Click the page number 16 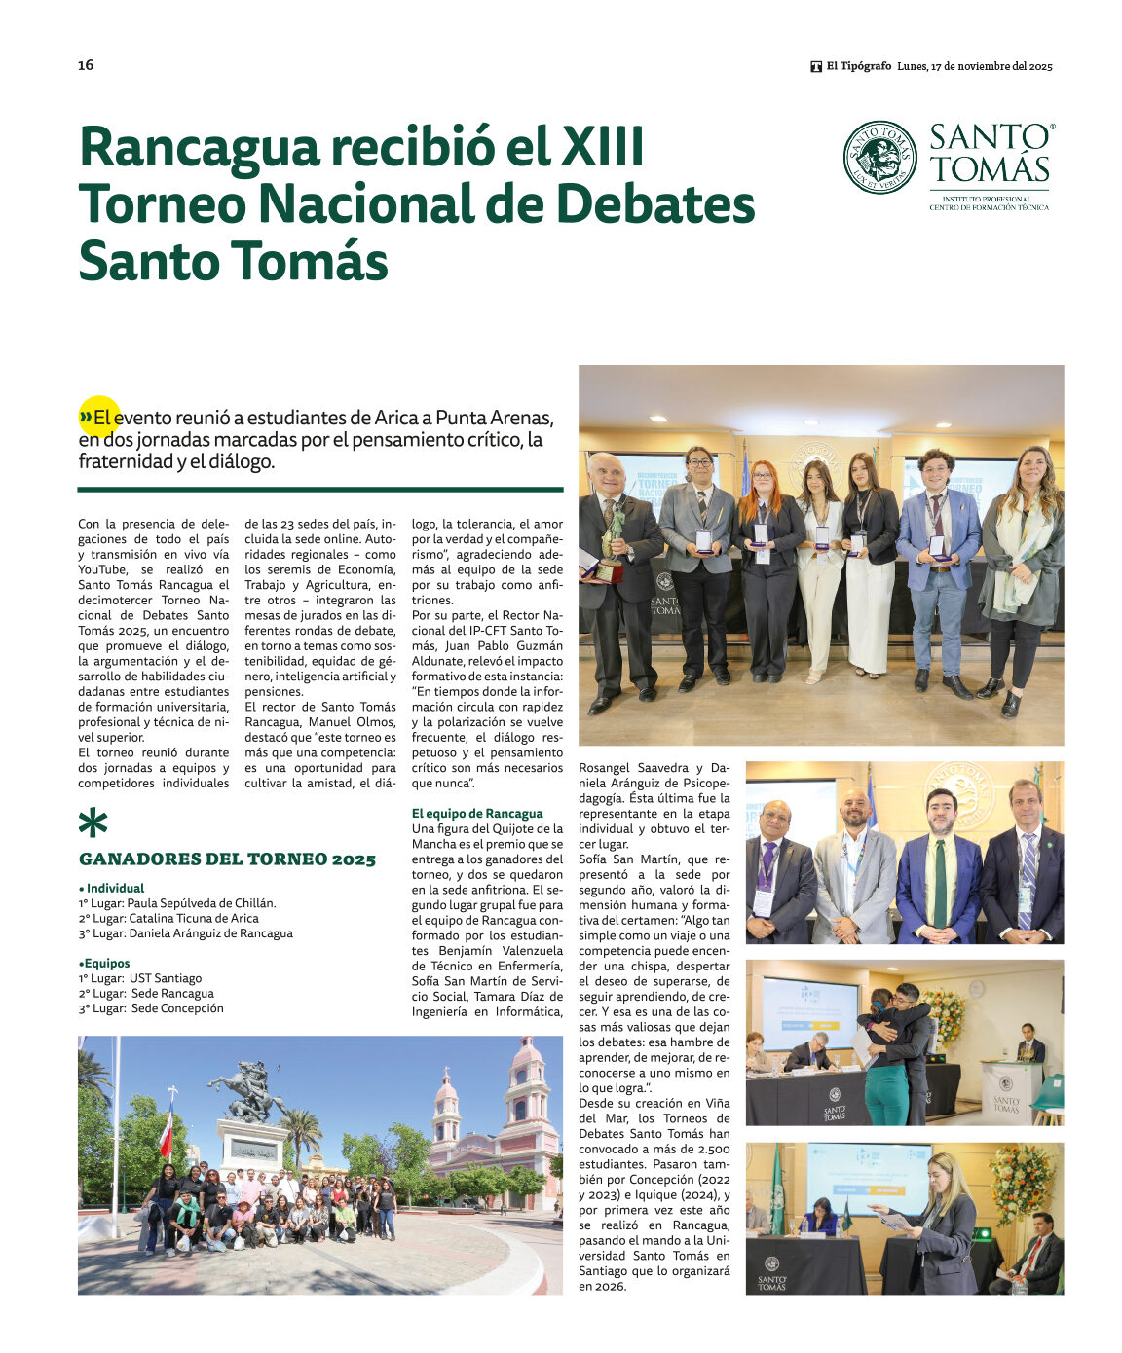[86, 65]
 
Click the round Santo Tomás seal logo [879, 157]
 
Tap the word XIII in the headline [603, 147]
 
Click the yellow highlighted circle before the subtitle [98, 417]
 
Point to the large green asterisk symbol [93, 823]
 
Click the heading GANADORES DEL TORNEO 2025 [227, 859]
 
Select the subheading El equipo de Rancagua [477, 814]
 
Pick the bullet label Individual [115, 888]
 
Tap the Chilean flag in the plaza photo [167, 1131]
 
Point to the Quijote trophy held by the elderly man [613, 541]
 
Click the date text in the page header [975, 66]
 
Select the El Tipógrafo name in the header [858, 66]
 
